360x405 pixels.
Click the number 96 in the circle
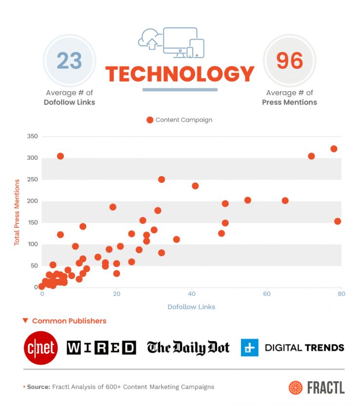(x=290, y=61)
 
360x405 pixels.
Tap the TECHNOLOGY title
(x=180, y=74)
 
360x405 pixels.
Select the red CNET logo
(x=40, y=348)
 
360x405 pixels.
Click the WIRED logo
(x=101, y=347)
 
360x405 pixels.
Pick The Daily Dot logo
(x=188, y=347)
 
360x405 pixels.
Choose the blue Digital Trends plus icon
(x=249, y=348)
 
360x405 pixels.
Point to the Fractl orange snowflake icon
(x=295, y=387)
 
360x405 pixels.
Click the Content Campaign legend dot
(x=150, y=120)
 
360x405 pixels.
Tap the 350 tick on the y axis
(x=32, y=137)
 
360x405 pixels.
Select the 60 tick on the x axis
(x=266, y=294)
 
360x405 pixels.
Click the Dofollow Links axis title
(x=191, y=307)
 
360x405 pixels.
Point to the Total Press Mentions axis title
(x=17, y=212)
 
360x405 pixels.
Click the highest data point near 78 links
(x=334, y=149)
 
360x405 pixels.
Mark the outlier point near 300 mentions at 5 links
(x=60, y=156)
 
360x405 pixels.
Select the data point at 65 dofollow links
(x=285, y=201)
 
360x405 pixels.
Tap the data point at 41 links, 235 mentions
(x=195, y=186)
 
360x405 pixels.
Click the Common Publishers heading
(x=69, y=321)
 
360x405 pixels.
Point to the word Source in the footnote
(x=38, y=387)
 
